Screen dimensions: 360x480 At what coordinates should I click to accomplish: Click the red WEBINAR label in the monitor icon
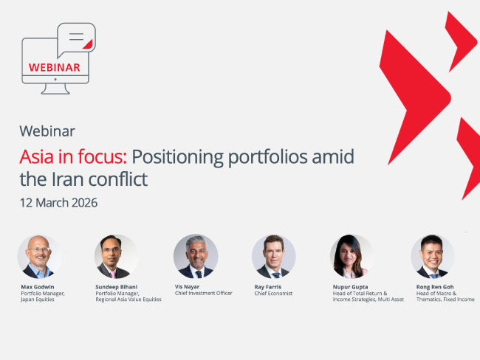54,67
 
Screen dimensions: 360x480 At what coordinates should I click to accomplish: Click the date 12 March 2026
58,202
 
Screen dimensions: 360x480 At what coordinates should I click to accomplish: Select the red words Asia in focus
73,156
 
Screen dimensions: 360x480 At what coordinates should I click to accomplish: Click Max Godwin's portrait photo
39,257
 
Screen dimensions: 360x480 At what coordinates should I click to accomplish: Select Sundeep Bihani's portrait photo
116,257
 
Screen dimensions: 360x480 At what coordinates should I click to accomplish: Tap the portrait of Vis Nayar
195,257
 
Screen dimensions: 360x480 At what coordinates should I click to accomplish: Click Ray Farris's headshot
273,257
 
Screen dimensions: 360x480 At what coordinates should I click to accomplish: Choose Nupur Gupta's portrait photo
352,257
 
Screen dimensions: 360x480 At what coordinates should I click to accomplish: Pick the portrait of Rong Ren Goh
432,257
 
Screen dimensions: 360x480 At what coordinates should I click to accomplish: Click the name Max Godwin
38,285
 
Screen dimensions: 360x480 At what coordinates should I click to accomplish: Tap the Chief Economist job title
273,293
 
